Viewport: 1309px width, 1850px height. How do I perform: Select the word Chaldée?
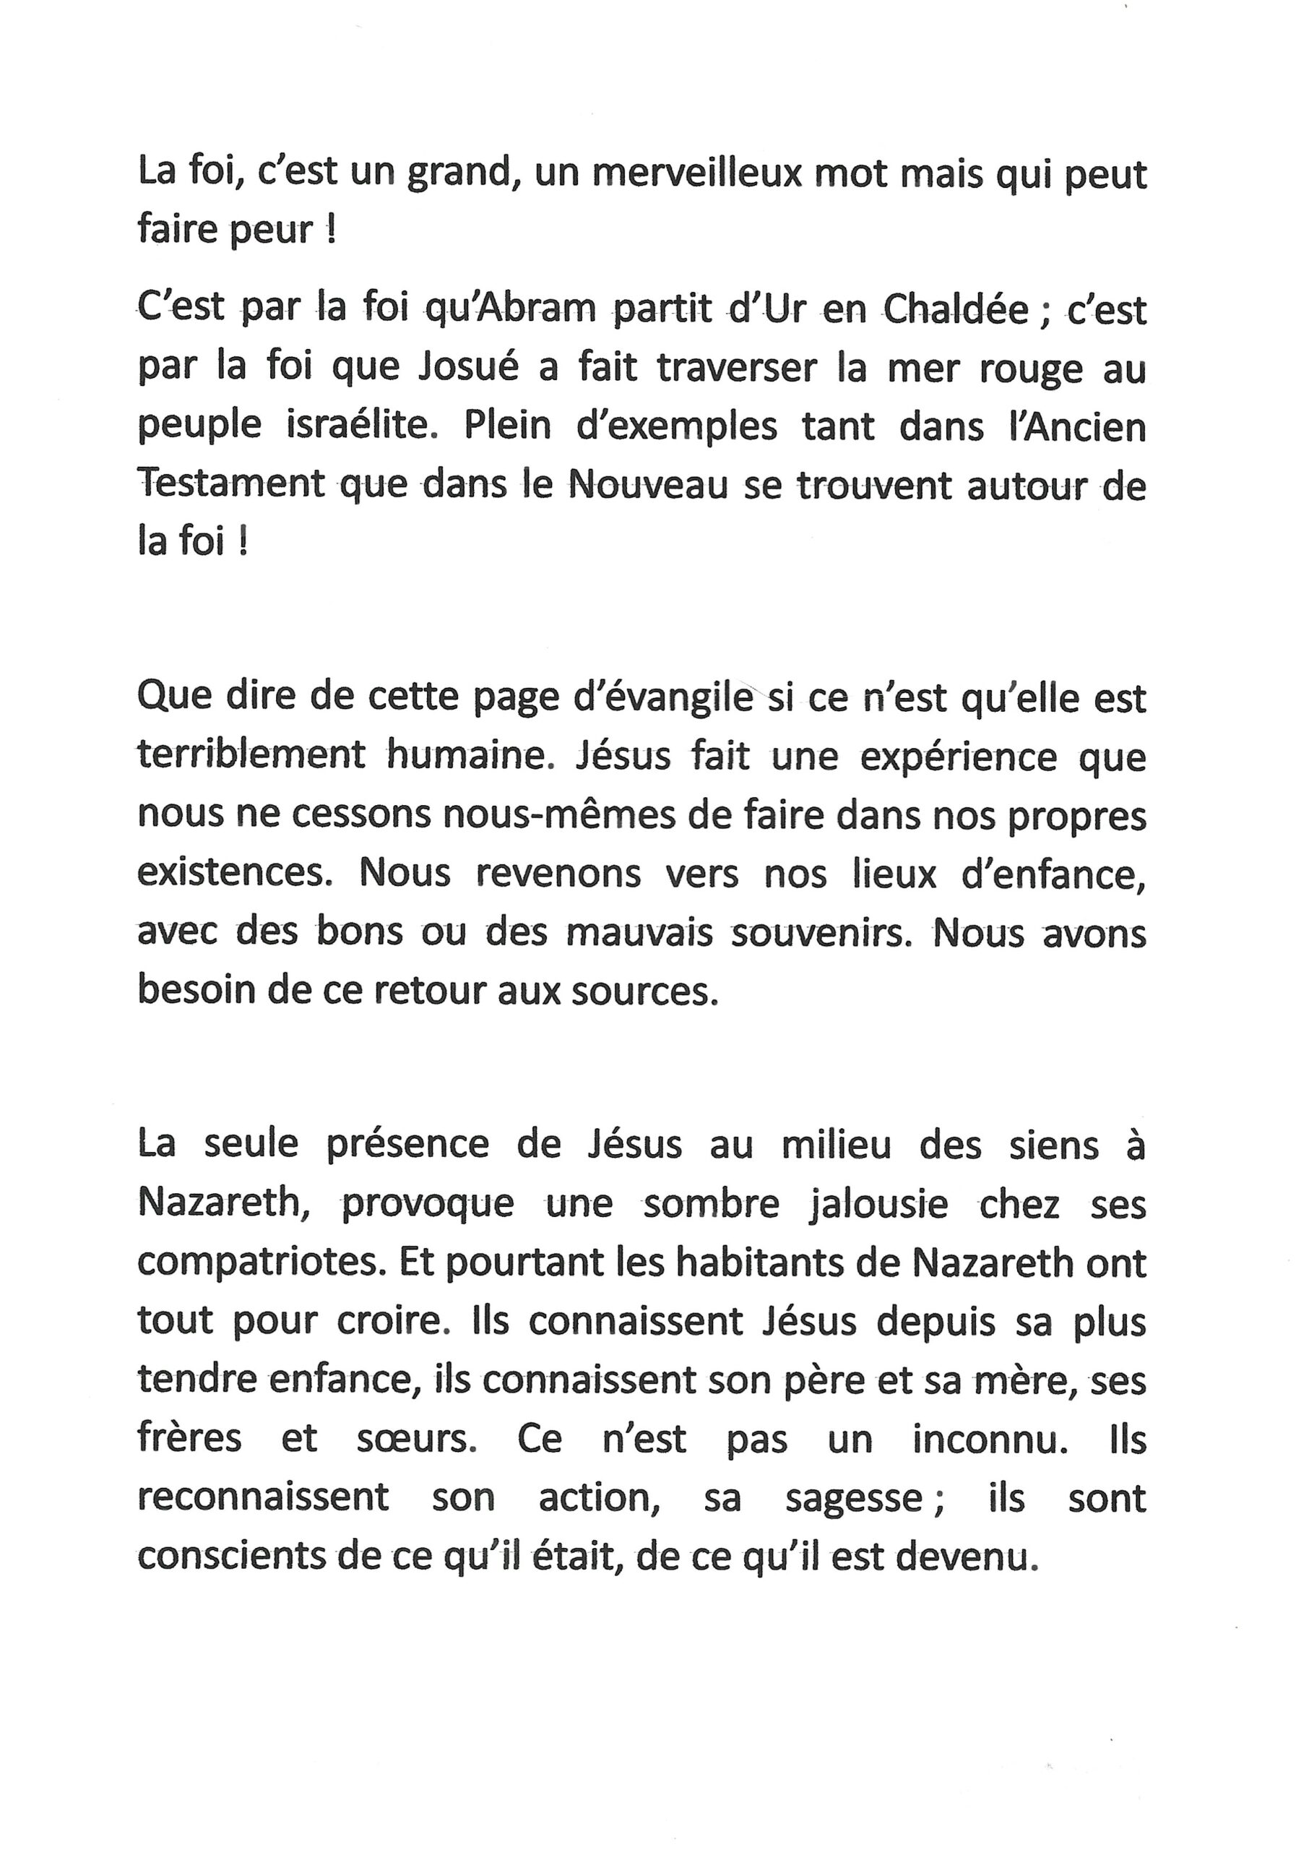956,309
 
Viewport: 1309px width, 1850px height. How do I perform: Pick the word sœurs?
412,1440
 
